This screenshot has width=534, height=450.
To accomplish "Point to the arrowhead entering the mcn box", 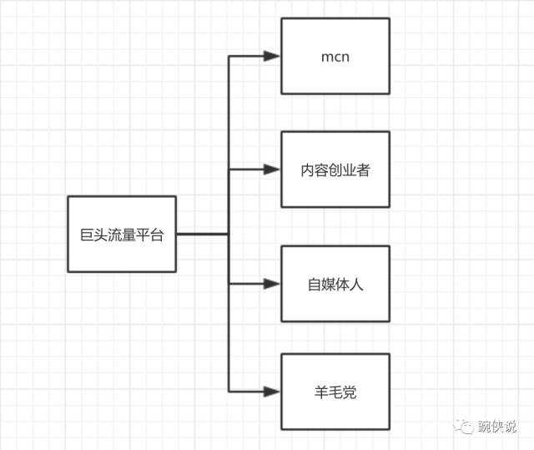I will pyautogui.click(x=272, y=57).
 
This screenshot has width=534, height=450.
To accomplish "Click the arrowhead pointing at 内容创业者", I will pyautogui.click(x=272, y=169).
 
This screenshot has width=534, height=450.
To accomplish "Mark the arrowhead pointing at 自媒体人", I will pyautogui.click(x=272, y=284).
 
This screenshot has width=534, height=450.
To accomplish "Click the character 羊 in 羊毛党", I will pyautogui.click(x=321, y=392).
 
